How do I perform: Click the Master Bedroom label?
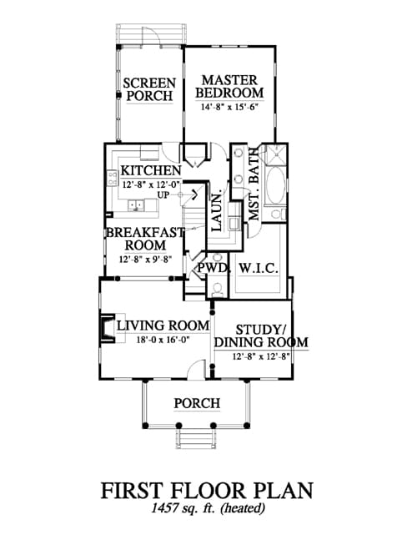point(229,87)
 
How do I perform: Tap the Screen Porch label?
point(149,89)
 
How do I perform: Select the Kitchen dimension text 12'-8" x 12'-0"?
point(152,184)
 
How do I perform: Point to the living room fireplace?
point(108,329)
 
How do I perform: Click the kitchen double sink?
point(136,205)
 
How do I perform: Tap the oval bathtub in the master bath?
point(275,185)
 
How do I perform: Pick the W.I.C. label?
point(258,268)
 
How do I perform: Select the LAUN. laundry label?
point(218,212)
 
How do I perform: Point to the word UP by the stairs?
point(163,195)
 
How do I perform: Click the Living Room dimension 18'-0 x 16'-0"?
point(163,340)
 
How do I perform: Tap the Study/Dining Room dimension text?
point(261,356)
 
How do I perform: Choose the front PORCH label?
point(197,403)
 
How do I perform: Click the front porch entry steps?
point(197,439)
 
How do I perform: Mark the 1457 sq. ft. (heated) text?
point(208,508)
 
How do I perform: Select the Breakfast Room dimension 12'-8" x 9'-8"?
point(146,259)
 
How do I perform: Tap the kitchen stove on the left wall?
point(113,178)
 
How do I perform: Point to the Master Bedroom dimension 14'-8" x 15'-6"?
point(229,107)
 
